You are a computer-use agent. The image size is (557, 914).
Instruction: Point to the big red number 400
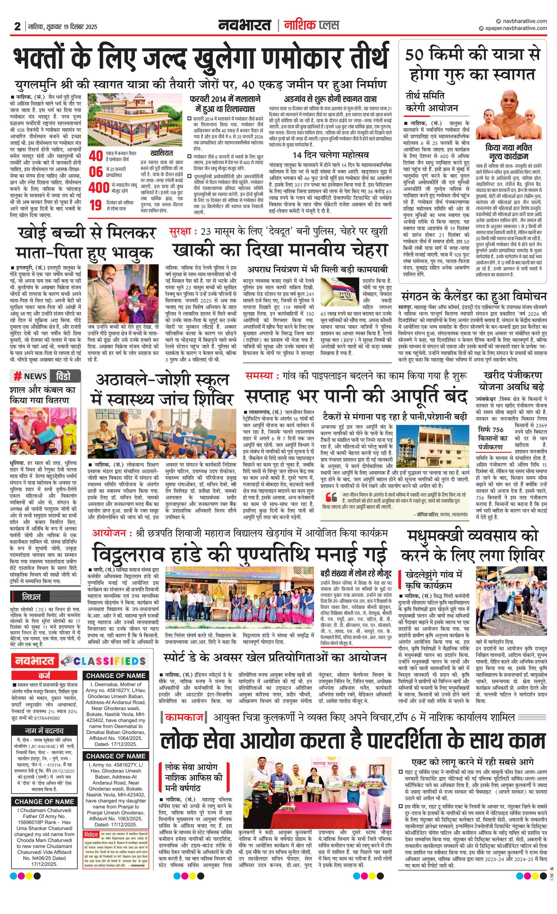[99, 188]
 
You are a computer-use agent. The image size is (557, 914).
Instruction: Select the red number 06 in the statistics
[96, 172]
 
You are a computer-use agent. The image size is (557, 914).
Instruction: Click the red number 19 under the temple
[96, 205]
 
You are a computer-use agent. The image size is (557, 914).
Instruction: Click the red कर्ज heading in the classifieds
[44, 675]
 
